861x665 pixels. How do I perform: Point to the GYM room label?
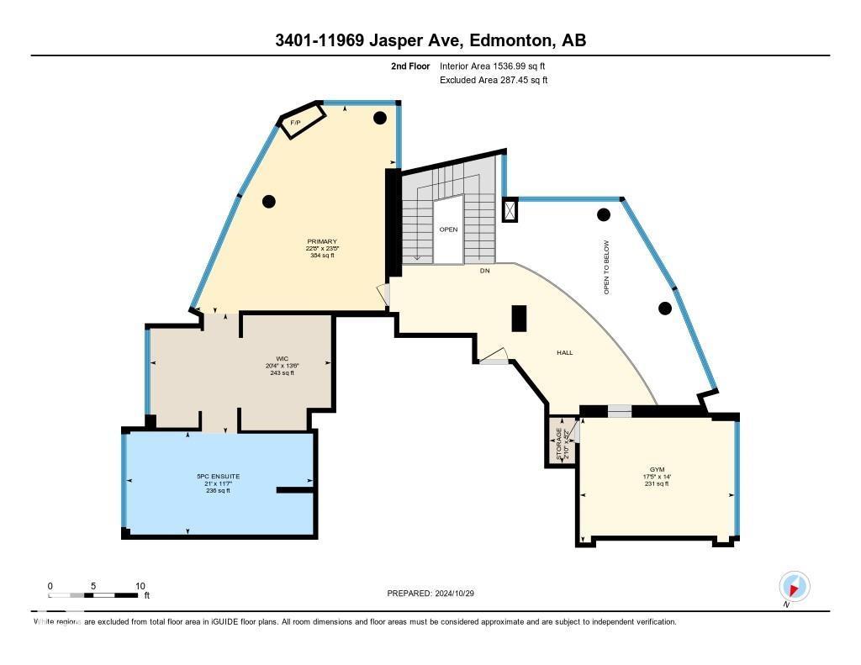click(657, 472)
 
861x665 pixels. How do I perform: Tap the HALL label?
click(564, 352)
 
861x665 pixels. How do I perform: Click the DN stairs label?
click(484, 271)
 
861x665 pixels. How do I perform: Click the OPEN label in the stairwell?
click(447, 229)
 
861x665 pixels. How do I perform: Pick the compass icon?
click(794, 586)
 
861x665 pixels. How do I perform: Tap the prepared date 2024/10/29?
click(430, 593)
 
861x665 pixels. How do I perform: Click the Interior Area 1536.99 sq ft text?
click(499, 66)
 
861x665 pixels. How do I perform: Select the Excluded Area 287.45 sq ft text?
click(494, 81)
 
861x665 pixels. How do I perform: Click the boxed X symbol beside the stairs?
click(510, 210)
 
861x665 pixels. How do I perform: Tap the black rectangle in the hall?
click(520, 319)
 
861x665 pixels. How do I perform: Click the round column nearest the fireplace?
click(380, 117)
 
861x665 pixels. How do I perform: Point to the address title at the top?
click(430, 40)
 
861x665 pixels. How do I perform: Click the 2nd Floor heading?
click(409, 66)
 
